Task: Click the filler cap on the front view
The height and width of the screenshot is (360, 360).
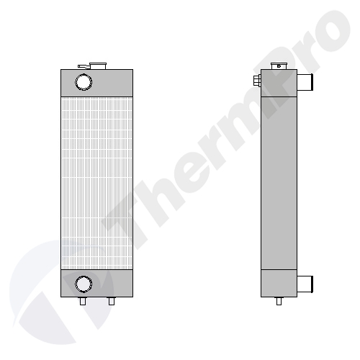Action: [98, 66]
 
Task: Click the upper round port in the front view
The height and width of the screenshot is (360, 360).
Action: [84, 82]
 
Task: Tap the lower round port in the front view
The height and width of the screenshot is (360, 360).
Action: [84, 284]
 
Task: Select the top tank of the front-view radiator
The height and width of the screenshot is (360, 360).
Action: [96, 83]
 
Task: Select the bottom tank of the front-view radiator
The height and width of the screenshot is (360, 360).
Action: [96, 283]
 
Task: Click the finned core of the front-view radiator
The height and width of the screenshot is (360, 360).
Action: [96, 183]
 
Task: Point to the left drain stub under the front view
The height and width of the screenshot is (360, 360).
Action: [83, 301]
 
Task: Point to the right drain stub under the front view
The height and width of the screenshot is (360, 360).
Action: [112, 301]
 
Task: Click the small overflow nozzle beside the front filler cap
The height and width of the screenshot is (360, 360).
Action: [84, 66]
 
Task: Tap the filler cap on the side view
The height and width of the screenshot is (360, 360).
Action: [279, 66]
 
